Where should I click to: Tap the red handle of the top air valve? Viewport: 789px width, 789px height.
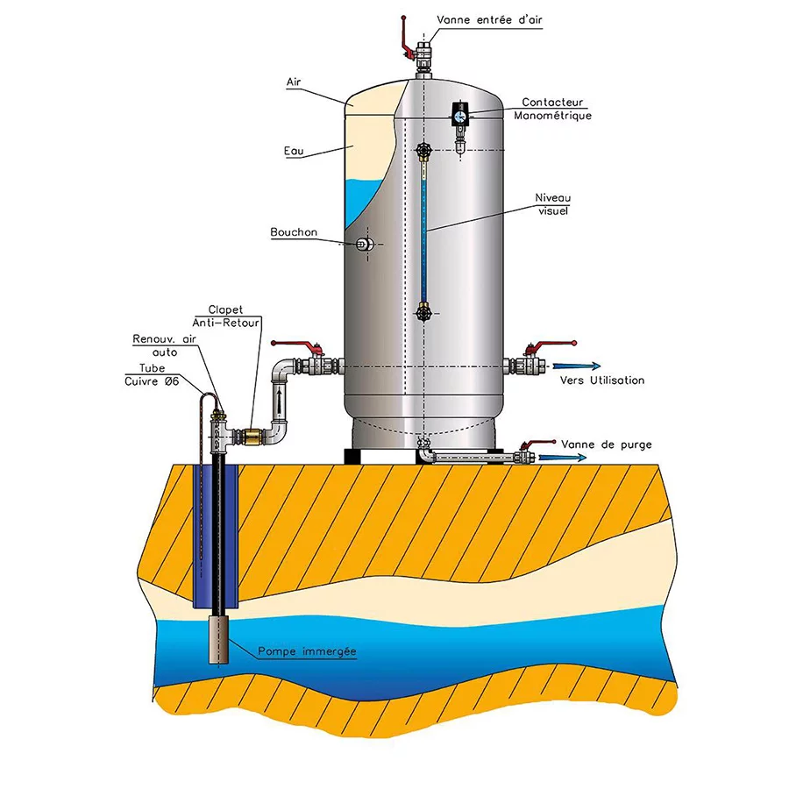pos(404,33)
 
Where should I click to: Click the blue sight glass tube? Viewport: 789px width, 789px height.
pos(423,232)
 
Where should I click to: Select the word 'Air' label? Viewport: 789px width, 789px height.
pos(295,82)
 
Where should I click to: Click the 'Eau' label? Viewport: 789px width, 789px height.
pos(294,152)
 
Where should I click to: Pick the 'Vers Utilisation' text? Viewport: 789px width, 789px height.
pos(602,380)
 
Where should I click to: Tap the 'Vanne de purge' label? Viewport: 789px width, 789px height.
pos(606,444)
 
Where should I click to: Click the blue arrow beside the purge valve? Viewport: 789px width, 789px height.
pos(553,458)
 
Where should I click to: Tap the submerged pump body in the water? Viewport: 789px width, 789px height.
pos(217,638)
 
